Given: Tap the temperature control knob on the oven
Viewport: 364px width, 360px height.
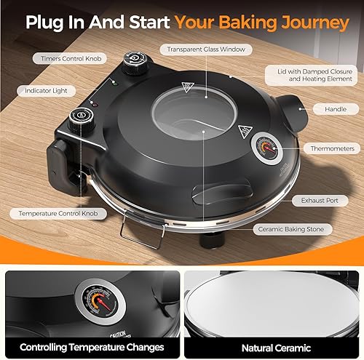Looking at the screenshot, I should click(81, 119).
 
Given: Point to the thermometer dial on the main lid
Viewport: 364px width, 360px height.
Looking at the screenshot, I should click(266, 148).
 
